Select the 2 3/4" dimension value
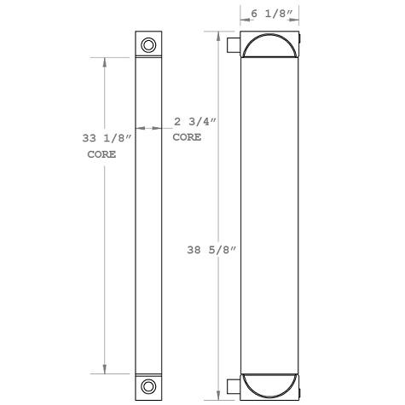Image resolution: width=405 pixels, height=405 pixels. [194, 121]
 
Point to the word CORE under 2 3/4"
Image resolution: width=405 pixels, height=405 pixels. [187, 137]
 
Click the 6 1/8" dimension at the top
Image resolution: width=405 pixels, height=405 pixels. [269, 14]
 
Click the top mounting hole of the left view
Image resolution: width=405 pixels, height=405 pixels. [148, 45]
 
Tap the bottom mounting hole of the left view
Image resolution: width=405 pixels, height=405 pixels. [148, 385]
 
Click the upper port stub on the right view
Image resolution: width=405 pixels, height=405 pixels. [233, 46]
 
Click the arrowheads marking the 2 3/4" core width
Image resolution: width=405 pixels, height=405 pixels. [149, 129]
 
